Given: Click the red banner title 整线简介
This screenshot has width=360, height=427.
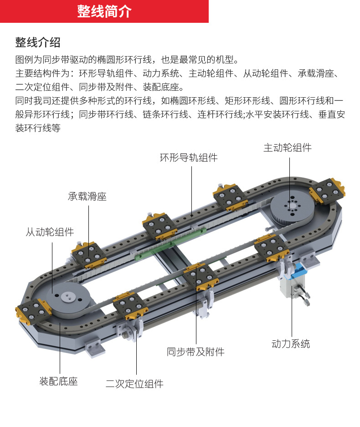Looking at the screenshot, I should (x=104, y=11).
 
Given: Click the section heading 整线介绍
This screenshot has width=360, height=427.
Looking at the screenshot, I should (x=38, y=42).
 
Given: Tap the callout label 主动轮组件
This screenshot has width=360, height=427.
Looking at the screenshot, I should (x=287, y=147).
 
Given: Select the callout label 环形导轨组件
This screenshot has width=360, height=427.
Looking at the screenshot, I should (x=188, y=158).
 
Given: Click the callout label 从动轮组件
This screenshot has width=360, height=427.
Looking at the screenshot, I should (x=49, y=232).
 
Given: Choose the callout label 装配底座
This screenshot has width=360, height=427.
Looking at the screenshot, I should (x=58, y=381).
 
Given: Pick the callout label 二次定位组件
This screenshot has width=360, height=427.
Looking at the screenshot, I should (x=134, y=384).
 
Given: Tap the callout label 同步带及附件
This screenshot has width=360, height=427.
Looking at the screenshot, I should (x=195, y=352).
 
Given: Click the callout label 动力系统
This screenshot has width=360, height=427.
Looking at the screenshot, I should (x=290, y=344).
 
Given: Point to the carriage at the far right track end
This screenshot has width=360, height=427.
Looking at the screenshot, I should (x=327, y=191).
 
